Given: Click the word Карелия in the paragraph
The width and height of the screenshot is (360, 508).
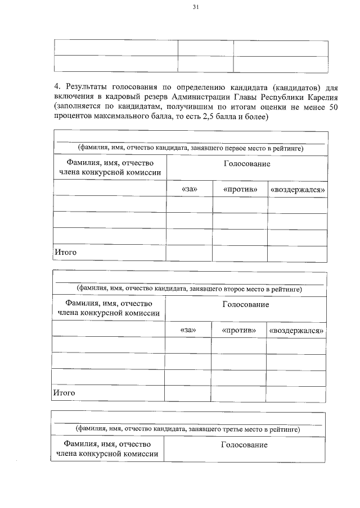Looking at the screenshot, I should pos(313,96).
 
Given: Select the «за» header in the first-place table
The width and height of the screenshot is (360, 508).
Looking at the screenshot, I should pos(190,189).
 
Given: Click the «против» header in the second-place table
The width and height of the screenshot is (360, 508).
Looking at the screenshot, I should pos(239,329).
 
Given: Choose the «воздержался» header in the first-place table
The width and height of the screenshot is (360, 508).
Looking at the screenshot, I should pos(298,189).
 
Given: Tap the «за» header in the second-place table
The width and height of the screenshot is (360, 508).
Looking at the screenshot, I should pos(188,329).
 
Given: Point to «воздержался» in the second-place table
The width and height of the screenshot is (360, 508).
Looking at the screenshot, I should pos(296,329).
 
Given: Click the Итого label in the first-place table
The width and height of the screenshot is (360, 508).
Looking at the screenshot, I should pos(65,253).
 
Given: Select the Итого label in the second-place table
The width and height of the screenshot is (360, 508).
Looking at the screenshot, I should pos(64,393).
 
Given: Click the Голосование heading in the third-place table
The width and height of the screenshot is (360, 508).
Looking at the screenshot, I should pos(245,445).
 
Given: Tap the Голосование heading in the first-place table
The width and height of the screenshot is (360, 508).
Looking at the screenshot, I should pos(246,164).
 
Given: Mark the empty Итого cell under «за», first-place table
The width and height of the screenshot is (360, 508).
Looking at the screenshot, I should pos(190,253).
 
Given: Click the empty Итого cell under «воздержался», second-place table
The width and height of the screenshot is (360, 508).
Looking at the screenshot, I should pos(296,393).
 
